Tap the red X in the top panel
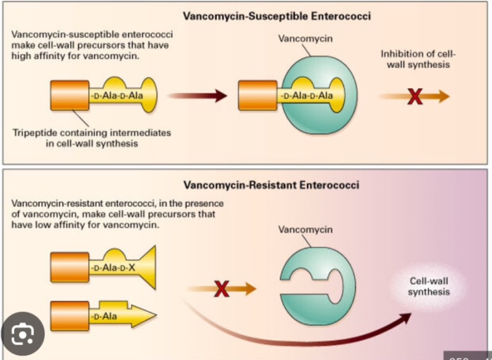[415, 96]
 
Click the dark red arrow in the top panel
[196, 96]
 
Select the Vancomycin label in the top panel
[298, 38]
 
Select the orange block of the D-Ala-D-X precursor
[69, 268]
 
